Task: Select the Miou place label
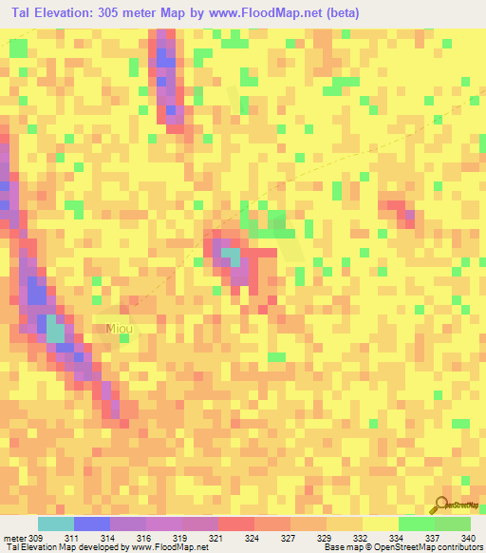(x=120, y=329)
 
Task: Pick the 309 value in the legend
(x=35, y=537)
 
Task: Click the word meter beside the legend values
(x=13, y=537)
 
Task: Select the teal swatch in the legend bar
(x=55, y=524)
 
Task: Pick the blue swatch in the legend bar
(x=91, y=524)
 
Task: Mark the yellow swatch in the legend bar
(x=380, y=524)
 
